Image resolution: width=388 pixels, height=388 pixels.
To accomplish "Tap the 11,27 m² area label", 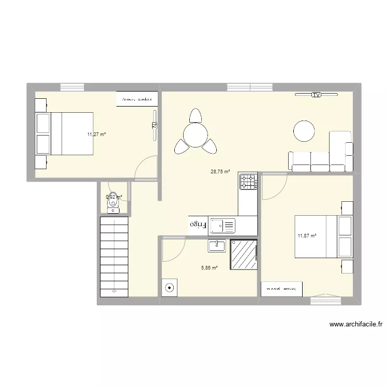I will tap(97, 135).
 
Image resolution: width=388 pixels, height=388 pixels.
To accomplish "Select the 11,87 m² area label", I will tap(307, 236).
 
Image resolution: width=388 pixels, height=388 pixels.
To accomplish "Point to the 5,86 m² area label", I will tap(209, 267).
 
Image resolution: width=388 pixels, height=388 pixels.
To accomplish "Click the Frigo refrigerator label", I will tap(197, 225).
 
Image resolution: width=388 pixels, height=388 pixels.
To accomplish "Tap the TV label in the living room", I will tap(316, 95).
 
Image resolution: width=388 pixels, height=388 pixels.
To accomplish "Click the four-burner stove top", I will tap(248, 182).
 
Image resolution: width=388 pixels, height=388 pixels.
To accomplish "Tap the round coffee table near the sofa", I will tap(304, 130).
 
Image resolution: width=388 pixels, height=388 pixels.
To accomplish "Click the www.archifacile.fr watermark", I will tap(355, 325).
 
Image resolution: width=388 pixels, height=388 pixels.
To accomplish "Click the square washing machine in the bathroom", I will tap(169, 288).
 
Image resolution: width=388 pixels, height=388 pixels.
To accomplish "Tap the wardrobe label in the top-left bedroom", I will tap(137, 99).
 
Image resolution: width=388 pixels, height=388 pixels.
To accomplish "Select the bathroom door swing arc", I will tap(172, 249).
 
